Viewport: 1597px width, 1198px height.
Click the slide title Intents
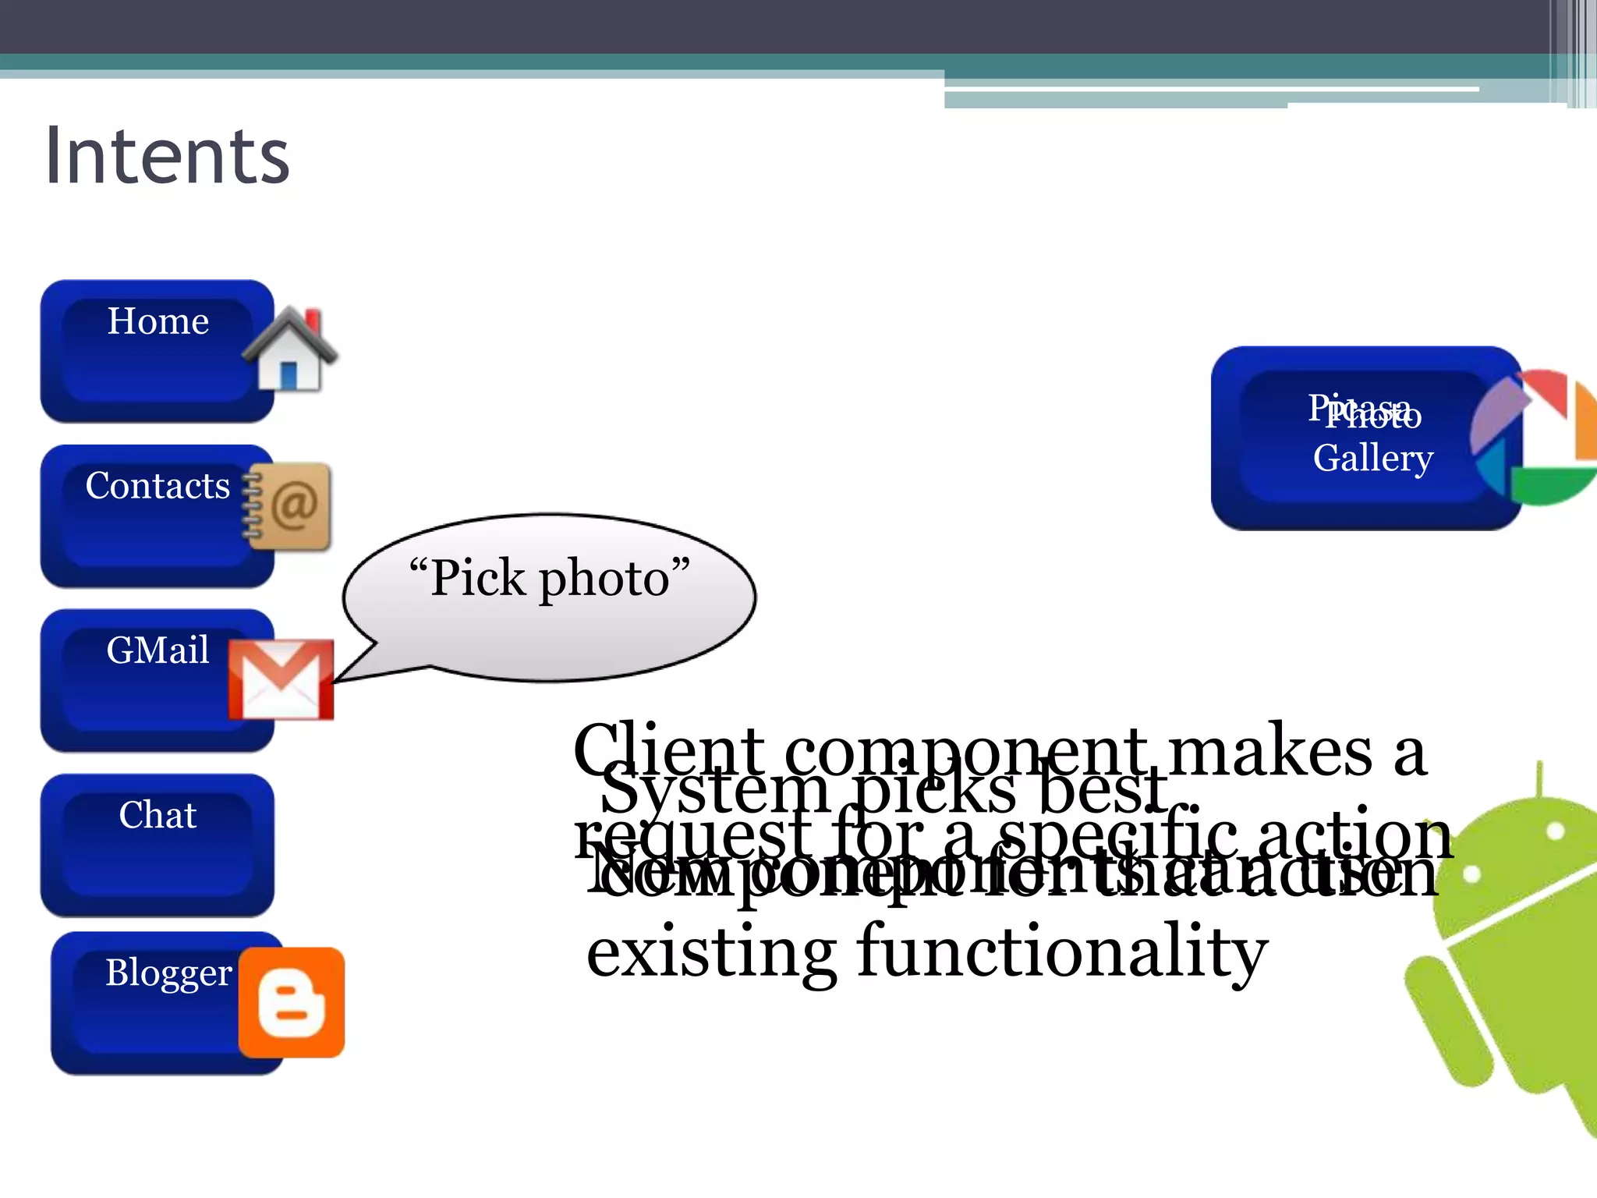pos(167,156)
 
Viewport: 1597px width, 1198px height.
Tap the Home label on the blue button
pos(158,321)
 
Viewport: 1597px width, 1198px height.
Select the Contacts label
pos(158,486)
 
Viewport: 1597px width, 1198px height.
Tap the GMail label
pos(158,650)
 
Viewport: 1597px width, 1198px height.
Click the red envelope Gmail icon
pos(281,679)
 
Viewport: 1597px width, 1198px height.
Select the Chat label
pos(158,815)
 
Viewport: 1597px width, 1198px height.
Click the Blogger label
pos(168,973)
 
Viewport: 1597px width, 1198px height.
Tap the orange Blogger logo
pos(291,1003)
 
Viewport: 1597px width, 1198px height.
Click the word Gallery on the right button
pos(1372,459)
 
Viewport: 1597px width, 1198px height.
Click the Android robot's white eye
pos(1555,831)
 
